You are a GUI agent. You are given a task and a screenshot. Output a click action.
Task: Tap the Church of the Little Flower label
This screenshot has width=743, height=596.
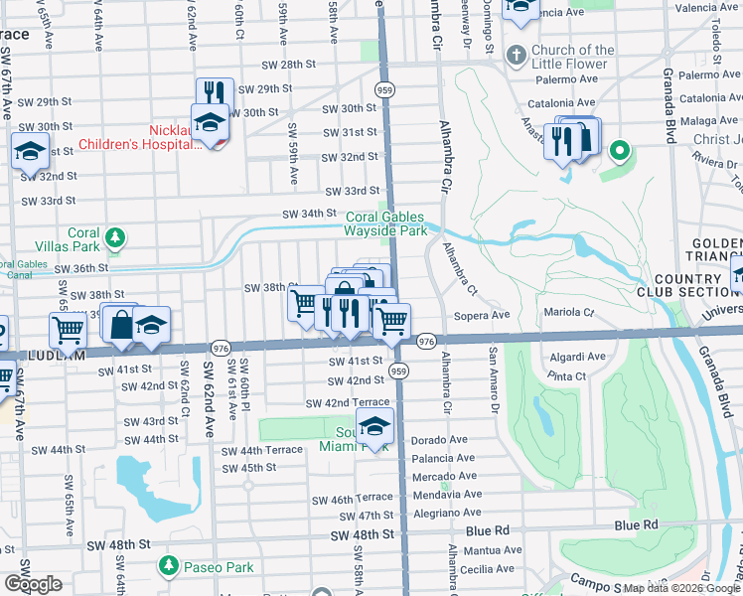[x=573, y=58]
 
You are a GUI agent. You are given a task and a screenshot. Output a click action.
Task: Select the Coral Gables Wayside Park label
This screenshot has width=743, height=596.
[x=385, y=223]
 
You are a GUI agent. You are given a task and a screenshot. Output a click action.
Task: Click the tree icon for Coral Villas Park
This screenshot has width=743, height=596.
[x=116, y=237]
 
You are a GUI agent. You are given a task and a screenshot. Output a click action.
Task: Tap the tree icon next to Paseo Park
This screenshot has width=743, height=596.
[x=168, y=566]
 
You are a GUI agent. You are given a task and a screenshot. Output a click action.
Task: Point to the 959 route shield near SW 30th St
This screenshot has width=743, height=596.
[x=382, y=89]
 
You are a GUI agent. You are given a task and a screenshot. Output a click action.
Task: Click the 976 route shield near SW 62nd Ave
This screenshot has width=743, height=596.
[x=221, y=348]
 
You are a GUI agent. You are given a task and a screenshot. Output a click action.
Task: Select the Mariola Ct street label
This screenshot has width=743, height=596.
[x=569, y=313]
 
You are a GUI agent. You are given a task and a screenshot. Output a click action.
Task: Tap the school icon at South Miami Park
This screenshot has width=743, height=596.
[x=374, y=426]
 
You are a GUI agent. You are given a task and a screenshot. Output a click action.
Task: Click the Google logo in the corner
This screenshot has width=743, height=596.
[x=34, y=584]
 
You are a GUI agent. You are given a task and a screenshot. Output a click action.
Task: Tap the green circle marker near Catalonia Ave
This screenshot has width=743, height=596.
[x=619, y=151]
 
